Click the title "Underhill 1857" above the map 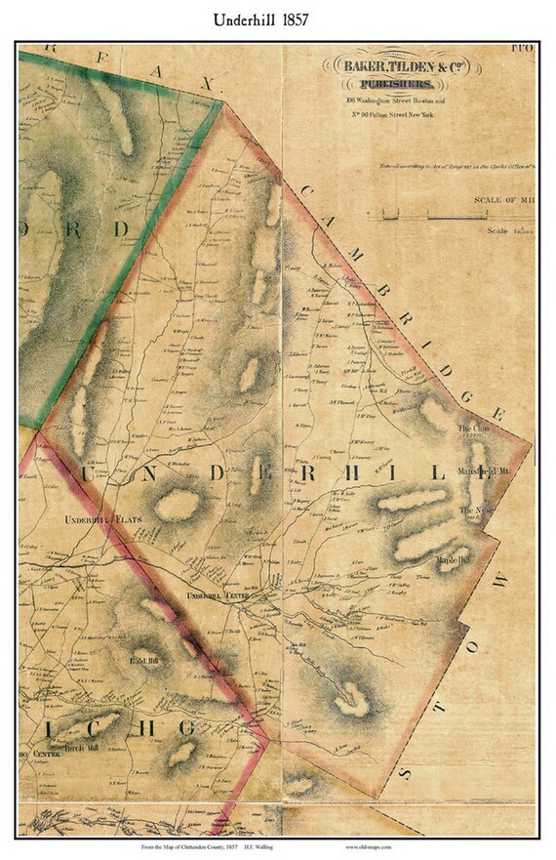[x=277, y=20]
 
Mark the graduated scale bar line [x=449, y=215]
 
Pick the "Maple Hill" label [x=454, y=560]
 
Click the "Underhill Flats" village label [x=100, y=520]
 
